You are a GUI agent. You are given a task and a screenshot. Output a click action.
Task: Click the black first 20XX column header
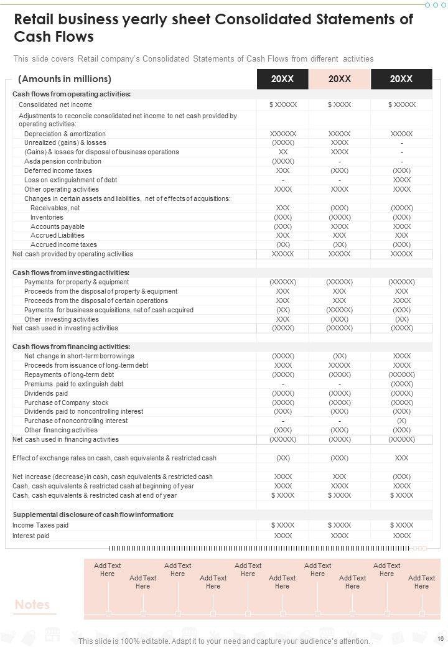(x=282, y=79)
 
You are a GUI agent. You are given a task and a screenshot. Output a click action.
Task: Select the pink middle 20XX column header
(x=340, y=79)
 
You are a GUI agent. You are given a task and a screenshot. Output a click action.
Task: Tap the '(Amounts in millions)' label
(x=65, y=79)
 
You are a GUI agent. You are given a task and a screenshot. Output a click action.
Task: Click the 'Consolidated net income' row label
(x=55, y=105)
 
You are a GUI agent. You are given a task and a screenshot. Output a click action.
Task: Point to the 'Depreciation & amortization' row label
(x=65, y=134)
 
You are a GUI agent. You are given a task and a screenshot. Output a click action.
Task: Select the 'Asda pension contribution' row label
(x=63, y=161)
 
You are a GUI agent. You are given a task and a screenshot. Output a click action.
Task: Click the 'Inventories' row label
(x=47, y=217)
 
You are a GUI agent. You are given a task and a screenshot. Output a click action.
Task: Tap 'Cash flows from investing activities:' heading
(x=71, y=272)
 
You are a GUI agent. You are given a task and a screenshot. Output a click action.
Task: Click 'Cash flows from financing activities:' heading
(x=71, y=347)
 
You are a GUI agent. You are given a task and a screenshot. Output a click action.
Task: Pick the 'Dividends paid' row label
(x=46, y=393)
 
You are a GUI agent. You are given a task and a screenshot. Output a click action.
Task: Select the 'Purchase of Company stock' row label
(x=67, y=403)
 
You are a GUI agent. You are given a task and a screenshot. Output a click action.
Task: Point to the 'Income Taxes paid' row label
(x=40, y=525)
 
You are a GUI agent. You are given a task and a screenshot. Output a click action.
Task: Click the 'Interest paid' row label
(x=31, y=536)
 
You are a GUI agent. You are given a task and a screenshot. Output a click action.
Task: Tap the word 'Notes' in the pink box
(x=32, y=605)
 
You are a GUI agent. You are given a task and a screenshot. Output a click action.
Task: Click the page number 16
(x=441, y=639)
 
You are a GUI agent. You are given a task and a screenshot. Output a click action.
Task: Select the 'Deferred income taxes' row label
(x=58, y=170)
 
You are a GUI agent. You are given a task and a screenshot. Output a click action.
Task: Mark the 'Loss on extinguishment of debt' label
(x=71, y=180)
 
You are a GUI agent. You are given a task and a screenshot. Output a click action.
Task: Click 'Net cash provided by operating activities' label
(x=73, y=254)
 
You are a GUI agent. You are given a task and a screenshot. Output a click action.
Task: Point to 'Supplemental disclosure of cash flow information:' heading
(x=93, y=514)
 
